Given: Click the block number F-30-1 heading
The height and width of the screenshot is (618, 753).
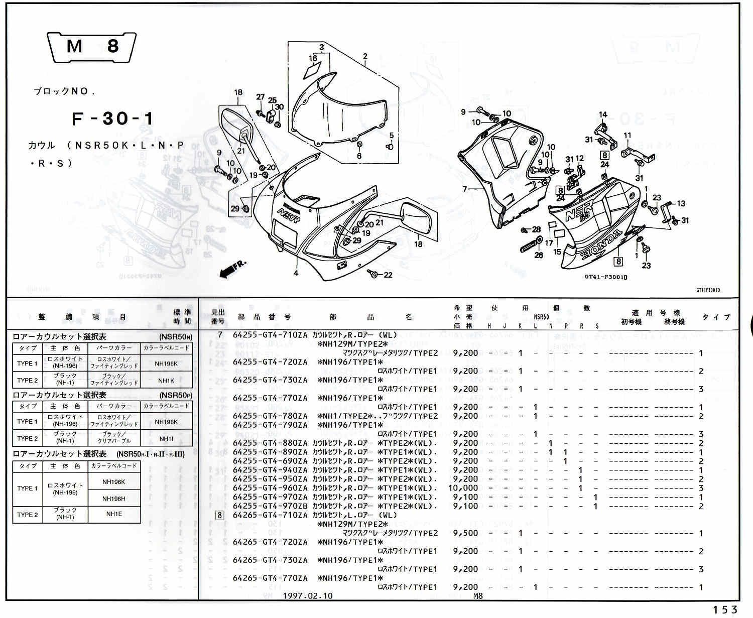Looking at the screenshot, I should [x=113, y=119].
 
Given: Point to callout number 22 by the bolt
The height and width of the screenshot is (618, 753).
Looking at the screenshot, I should [x=388, y=275].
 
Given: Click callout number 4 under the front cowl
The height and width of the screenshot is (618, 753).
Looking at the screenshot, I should [x=296, y=273].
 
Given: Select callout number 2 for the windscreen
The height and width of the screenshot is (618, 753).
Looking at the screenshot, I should [x=365, y=57].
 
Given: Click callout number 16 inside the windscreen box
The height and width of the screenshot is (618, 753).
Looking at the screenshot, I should [x=313, y=59].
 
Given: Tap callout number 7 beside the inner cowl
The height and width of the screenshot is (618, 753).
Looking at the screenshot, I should [x=465, y=189].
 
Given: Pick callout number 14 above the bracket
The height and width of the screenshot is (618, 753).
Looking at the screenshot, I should [x=603, y=114].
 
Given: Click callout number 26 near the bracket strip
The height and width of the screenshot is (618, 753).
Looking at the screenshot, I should [x=539, y=255].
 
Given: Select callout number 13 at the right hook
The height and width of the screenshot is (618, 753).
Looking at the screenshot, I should [x=681, y=203].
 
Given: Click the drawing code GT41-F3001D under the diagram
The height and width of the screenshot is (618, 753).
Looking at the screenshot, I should [x=606, y=277].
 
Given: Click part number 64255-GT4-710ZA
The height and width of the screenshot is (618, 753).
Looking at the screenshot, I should [x=270, y=335].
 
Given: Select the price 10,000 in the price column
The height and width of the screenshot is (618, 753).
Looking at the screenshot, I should [x=463, y=488].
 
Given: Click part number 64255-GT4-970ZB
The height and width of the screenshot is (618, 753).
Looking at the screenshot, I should [x=270, y=506].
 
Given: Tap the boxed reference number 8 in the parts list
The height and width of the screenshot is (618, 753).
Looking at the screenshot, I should [x=219, y=515].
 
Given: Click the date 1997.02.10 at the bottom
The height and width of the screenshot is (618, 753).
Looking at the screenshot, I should [x=308, y=596].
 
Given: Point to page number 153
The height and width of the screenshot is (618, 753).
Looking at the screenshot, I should [x=725, y=609].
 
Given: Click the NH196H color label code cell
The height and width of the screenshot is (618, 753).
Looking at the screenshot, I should [x=114, y=499].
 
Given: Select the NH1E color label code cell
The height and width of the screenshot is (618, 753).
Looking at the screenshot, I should [x=114, y=515].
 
